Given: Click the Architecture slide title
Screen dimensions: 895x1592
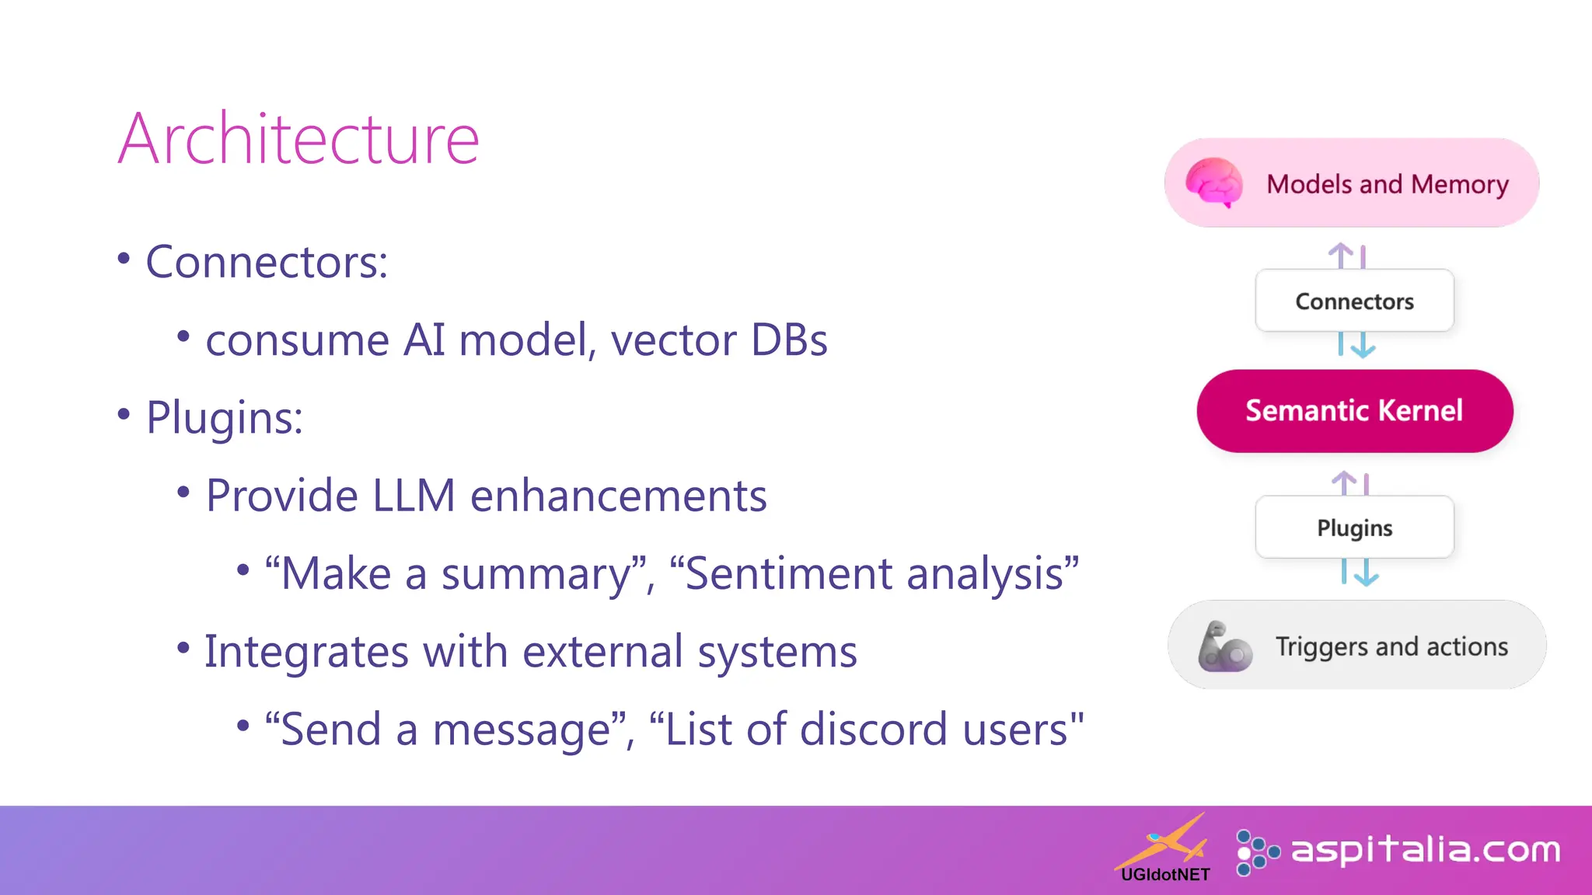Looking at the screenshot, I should coord(298,139).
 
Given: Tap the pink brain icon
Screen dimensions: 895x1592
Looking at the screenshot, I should coord(1213,183).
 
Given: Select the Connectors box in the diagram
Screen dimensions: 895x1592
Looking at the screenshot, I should coord(1354,301).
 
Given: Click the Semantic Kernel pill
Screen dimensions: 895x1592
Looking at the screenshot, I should coord(1354,410).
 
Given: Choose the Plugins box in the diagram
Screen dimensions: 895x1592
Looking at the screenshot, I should coord(1354,528).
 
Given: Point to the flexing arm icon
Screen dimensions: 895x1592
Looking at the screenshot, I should coord(1224,646).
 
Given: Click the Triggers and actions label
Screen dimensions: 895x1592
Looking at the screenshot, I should coord(1391,646).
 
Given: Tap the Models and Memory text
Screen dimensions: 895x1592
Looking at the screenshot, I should coord(1387,184).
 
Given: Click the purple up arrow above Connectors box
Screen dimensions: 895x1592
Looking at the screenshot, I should coord(1341,255).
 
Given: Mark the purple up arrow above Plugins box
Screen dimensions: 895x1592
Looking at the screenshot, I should coord(1344,482).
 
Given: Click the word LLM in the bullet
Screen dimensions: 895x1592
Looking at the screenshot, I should coord(414,496).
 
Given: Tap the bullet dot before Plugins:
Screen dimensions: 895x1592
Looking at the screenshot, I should coord(124,414).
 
